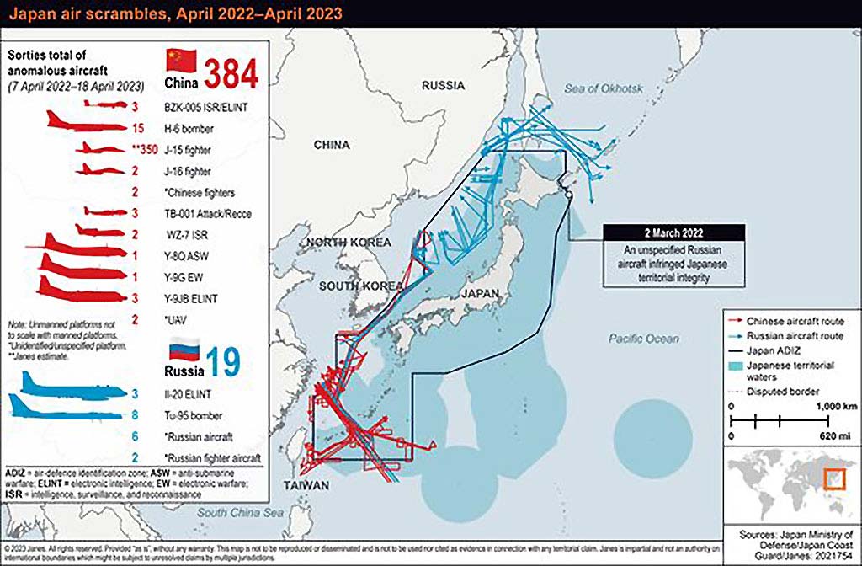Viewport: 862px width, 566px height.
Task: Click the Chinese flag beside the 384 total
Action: (179, 60)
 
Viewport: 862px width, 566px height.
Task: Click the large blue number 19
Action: (221, 361)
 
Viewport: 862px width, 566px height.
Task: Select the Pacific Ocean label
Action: (644, 339)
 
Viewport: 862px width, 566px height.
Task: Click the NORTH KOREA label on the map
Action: (349, 243)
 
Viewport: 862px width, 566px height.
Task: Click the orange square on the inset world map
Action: (833, 478)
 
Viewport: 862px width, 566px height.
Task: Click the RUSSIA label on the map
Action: (443, 85)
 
